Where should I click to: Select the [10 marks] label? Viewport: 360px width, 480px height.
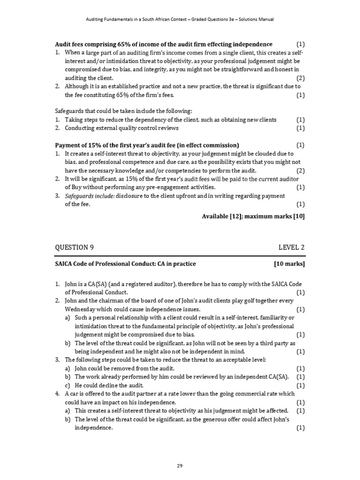tap(289, 264)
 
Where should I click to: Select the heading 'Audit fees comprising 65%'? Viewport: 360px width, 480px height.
tap(164, 44)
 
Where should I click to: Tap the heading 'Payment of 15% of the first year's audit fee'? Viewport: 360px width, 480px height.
tap(147, 145)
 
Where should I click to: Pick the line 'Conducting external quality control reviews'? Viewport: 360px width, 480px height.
tap(121, 128)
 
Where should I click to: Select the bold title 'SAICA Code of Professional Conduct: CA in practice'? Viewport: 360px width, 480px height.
tap(126, 264)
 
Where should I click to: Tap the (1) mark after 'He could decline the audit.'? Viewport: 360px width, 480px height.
tap(300, 385)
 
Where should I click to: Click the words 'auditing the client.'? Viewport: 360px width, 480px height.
tap(89, 78)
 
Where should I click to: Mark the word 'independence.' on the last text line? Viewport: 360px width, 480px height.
tap(94, 427)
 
